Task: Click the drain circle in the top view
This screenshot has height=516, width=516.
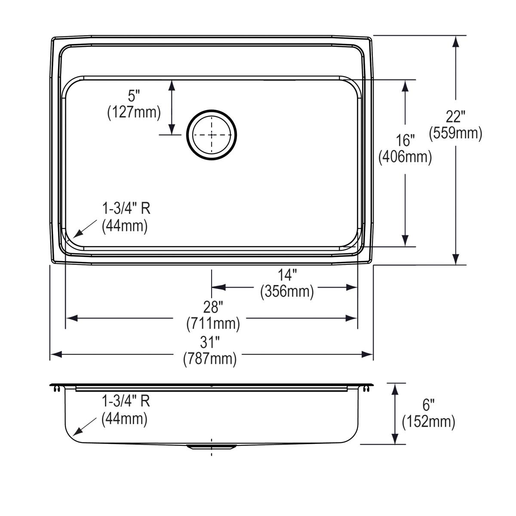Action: (211, 135)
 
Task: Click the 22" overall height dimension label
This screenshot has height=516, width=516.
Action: (455, 117)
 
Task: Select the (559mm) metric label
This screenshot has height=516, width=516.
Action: (455, 133)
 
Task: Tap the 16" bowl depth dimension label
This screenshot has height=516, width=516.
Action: (405, 140)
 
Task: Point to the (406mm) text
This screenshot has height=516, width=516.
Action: (405, 157)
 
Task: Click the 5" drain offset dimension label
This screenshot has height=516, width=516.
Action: (134, 96)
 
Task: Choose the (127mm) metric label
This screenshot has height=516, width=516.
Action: (134, 113)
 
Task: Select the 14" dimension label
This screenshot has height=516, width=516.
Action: (287, 275)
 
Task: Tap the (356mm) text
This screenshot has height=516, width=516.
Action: (287, 292)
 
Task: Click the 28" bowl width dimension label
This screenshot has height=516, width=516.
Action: (213, 307)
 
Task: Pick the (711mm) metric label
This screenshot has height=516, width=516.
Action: (213, 323)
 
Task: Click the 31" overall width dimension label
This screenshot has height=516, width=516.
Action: (210, 342)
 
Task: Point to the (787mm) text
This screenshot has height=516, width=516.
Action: (210, 359)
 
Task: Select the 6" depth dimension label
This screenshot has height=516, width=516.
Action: (428, 405)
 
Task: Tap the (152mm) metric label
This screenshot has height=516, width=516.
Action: (428, 422)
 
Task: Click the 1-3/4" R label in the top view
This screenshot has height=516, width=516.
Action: (126, 209)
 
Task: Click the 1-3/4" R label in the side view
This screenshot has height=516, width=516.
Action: (126, 401)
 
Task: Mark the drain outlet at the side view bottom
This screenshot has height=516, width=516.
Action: (211, 447)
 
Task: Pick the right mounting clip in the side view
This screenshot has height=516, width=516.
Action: (366, 389)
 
